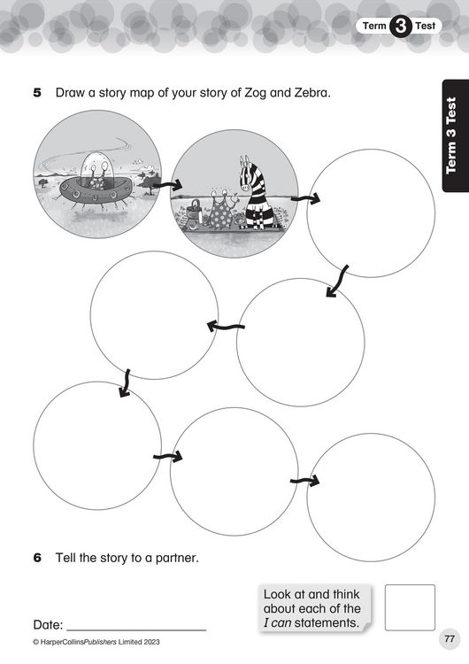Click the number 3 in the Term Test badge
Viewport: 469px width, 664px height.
click(400, 26)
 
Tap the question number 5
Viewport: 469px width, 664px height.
click(37, 93)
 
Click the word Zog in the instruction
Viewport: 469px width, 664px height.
click(255, 93)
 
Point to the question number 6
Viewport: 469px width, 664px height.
click(37, 558)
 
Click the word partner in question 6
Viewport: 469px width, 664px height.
click(177, 558)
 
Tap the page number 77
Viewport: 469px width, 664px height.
click(450, 638)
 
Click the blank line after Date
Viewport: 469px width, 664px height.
click(136, 629)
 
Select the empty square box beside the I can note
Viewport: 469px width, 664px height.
click(410, 607)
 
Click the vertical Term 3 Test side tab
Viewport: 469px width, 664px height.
click(456, 136)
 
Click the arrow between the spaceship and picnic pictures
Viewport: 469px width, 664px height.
click(167, 185)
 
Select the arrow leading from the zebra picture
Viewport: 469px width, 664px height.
click(305, 198)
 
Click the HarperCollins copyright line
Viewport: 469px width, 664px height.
click(96, 642)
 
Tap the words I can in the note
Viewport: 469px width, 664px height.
click(277, 623)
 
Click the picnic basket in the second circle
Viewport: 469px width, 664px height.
click(194, 210)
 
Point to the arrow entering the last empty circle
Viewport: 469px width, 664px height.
click(304, 481)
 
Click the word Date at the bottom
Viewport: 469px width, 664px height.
click(48, 625)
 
